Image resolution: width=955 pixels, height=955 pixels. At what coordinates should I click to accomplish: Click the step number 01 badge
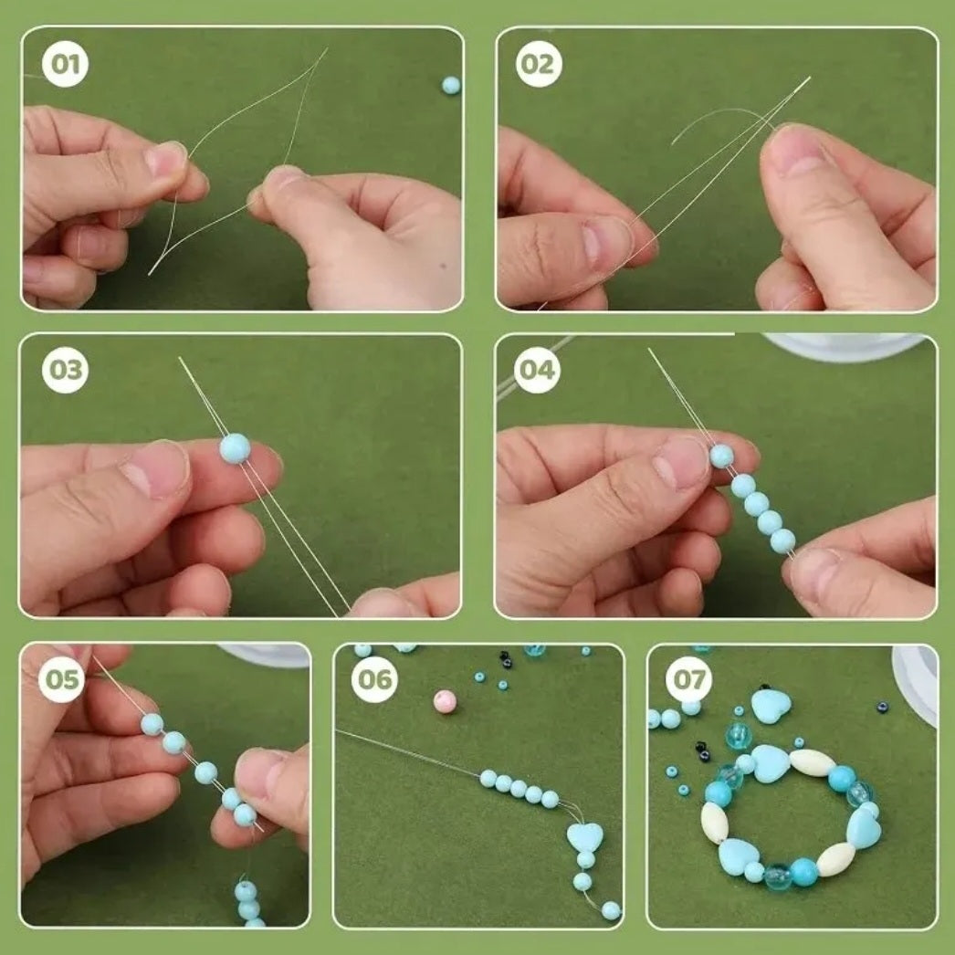pyautogui.click(x=65, y=64)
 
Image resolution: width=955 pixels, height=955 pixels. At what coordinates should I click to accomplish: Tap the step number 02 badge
pyautogui.click(x=539, y=64)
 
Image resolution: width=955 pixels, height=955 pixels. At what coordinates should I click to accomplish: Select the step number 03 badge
pyautogui.click(x=65, y=370)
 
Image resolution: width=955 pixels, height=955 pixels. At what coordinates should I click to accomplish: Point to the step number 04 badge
pyautogui.click(x=537, y=370)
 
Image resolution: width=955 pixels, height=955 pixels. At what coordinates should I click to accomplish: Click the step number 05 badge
pyautogui.click(x=61, y=679)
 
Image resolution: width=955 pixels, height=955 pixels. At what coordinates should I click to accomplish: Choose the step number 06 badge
pyautogui.click(x=374, y=679)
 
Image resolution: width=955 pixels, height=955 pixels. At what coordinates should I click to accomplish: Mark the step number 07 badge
pyautogui.click(x=688, y=679)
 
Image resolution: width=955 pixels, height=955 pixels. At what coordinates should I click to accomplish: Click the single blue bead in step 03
pyautogui.click(x=235, y=448)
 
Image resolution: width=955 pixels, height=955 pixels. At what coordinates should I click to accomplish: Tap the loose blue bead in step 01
pyautogui.click(x=451, y=85)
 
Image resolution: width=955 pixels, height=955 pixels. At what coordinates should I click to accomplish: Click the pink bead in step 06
pyautogui.click(x=445, y=701)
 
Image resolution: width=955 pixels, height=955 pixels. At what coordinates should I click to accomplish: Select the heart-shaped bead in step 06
pyautogui.click(x=584, y=837)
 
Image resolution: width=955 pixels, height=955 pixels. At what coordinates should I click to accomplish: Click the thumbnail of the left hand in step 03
pyautogui.click(x=156, y=469)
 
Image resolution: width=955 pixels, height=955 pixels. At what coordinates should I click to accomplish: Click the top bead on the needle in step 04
pyautogui.click(x=722, y=457)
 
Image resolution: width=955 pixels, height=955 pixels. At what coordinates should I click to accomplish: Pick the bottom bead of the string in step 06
pyautogui.click(x=611, y=910)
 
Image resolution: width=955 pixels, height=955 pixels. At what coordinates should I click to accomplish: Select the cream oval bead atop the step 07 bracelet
pyautogui.click(x=813, y=762)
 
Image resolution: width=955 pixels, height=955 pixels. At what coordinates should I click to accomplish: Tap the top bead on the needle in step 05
pyautogui.click(x=152, y=724)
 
